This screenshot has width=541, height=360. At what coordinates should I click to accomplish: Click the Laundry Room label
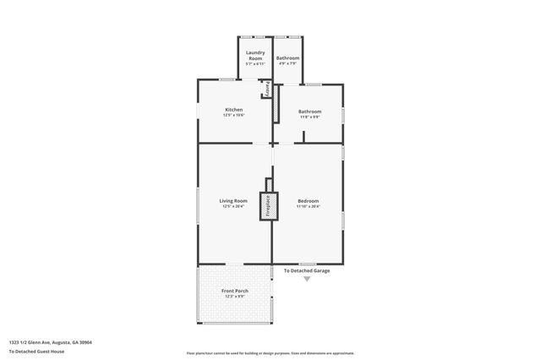tap(255, 56)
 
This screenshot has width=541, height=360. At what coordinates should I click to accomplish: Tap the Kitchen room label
tap(234, 109)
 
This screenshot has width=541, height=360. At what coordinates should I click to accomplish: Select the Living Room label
tap(234, 200)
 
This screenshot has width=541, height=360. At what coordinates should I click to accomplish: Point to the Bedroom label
tap(308, 200)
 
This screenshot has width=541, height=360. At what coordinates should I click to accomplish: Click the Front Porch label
tap(234, 292)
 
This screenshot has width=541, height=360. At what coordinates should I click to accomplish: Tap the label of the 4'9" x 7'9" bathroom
tap(287, 57)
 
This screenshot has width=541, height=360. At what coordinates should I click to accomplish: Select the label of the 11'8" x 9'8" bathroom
tap(309, 112)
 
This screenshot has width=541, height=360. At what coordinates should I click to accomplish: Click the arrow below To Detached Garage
tap(307, 279)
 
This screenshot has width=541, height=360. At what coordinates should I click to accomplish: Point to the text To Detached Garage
tap(306, 270)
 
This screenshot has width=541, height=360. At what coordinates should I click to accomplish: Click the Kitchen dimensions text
tap(234, 115)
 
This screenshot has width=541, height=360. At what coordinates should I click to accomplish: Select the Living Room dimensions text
tap(234, 206)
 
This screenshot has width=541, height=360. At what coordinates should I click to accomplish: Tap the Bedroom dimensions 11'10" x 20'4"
tap(308, 206)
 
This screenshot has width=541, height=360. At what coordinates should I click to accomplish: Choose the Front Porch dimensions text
tap(234, 297)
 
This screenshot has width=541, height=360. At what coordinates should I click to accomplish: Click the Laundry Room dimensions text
tap(255, 64)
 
